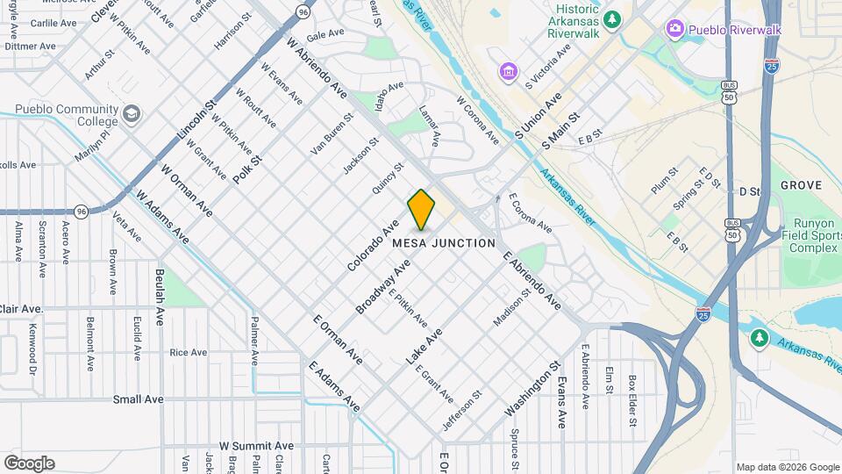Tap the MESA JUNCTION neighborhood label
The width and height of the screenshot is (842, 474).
point(444,242)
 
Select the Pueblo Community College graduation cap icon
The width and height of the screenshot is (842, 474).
point(131,114)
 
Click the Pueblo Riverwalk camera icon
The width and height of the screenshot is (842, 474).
point(674,29)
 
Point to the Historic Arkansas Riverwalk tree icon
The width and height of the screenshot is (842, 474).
point(613,18)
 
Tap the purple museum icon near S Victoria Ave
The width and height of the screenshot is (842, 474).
point(508,70)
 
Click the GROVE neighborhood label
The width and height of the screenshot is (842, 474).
point(801,185)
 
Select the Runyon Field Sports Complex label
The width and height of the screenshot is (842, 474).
point(810,235)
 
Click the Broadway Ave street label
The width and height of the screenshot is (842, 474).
point(383,287)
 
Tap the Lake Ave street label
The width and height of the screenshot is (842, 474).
point(424,347)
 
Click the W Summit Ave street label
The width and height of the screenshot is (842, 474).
point(256,446)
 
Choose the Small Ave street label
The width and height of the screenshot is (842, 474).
point(138,399)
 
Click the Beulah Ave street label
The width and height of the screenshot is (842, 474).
point(160,298)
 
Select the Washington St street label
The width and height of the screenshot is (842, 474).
point(532,388)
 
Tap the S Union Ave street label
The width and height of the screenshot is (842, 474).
point(539,117)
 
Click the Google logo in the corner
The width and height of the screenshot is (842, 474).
point(29,463)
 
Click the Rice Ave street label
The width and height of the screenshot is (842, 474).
point(188,353)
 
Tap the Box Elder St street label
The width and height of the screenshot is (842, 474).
point(631,401)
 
